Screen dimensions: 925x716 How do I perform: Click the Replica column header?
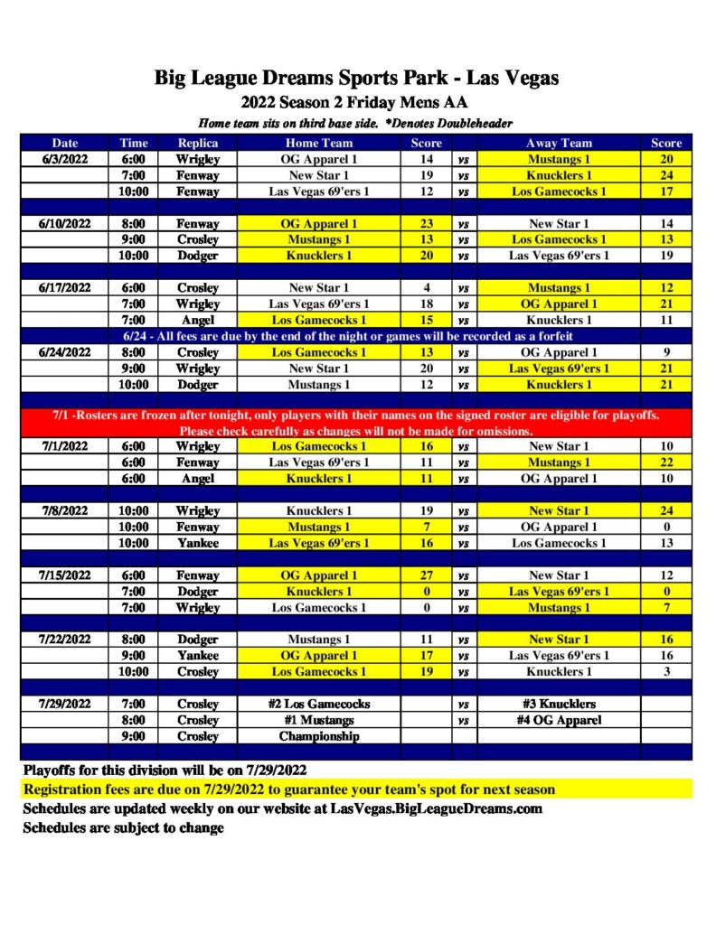(197, 143)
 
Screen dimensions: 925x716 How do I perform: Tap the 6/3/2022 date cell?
(65, 159)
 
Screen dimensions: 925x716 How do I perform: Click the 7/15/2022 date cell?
(65, 575)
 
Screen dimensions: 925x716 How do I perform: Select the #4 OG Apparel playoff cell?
(560, 720)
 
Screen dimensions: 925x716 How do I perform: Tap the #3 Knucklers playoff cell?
(560, 704)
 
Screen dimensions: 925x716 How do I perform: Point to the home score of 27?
(427, 575)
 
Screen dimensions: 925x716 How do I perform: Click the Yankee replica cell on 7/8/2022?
(197, 543)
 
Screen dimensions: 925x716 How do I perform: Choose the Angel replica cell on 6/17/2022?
(197, 320)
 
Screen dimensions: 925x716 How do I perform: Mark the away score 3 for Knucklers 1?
(667, 671)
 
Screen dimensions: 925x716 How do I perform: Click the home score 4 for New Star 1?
(427, 287)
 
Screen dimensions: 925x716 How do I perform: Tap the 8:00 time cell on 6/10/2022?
(134, 223)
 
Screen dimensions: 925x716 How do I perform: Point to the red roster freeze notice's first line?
(357, 416)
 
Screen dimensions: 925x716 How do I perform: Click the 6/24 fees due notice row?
(357, 336)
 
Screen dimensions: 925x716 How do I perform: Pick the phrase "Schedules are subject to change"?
(123, 827)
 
